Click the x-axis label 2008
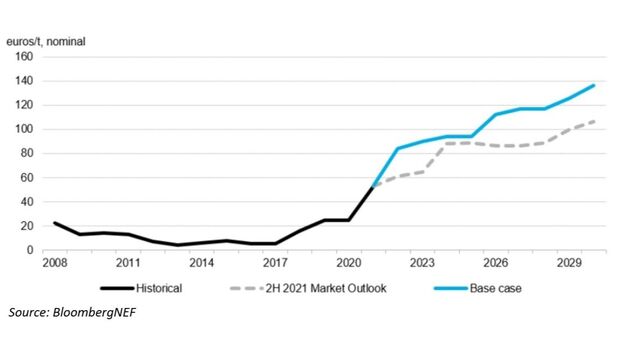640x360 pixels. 54,266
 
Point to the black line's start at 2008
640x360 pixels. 54,223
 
